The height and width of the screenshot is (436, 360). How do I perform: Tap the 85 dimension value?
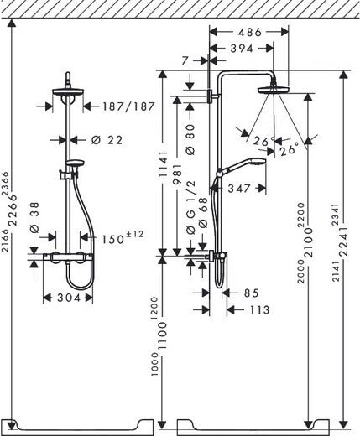point(250,293)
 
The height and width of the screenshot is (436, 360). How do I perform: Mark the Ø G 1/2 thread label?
point(191,195)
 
